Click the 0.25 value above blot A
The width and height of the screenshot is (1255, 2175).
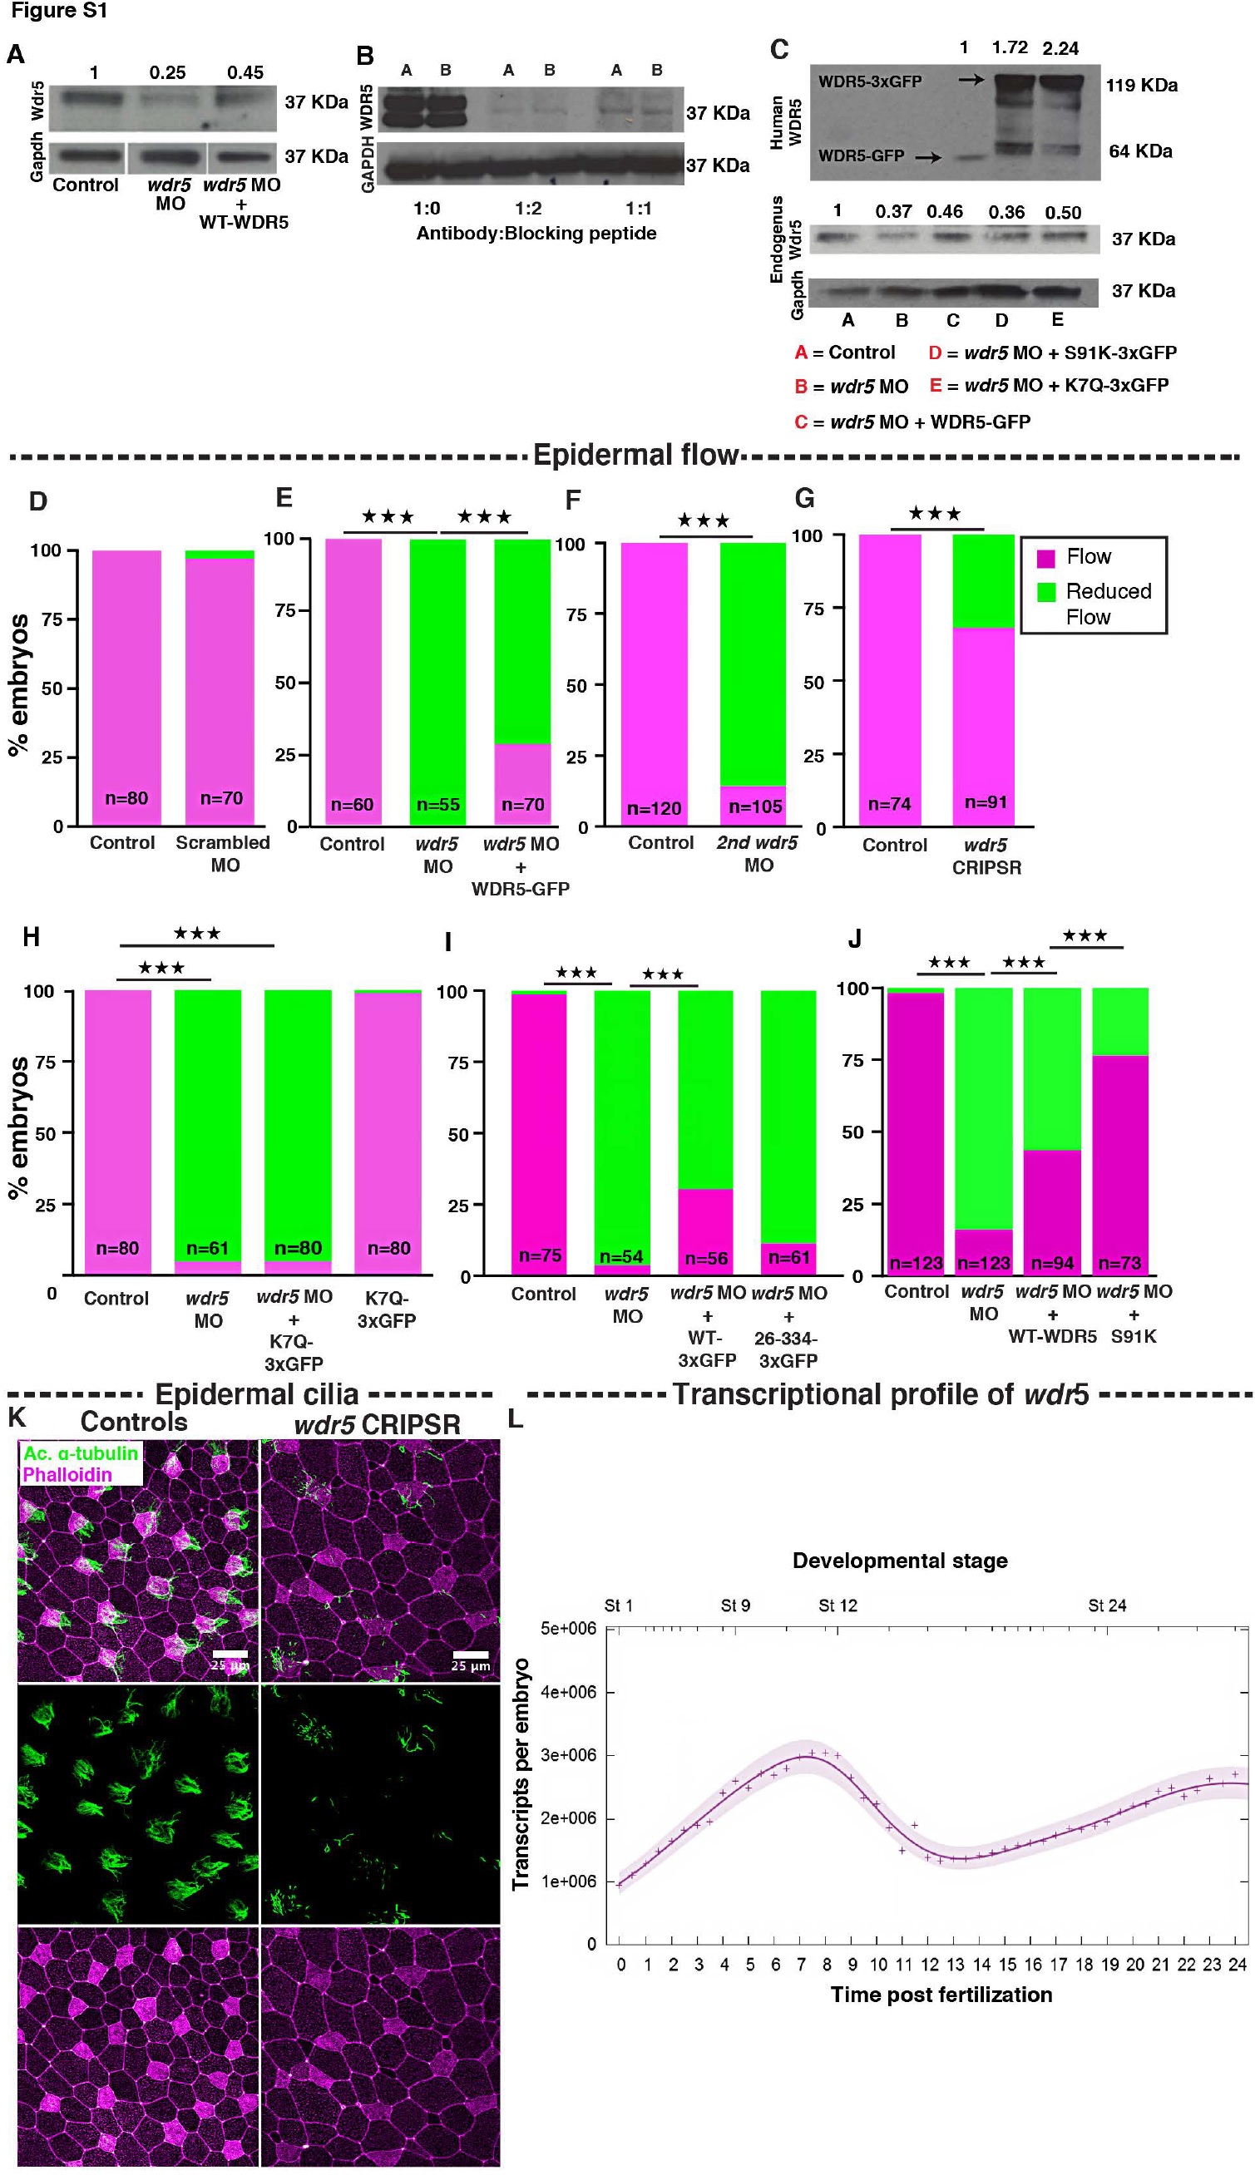click(167, 72)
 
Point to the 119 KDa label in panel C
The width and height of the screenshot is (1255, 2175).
click(1141, 85)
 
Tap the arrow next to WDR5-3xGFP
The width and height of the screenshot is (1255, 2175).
click(971, 79)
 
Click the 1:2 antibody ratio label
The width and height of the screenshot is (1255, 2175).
click(528, 209)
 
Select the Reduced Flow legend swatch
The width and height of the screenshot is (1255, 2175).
click(1045, 591)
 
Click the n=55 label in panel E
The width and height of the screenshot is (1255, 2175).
click(437, 804)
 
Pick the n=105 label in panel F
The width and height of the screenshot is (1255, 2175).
click(755, 806)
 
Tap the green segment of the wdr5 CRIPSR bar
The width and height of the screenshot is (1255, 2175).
click(982, 581)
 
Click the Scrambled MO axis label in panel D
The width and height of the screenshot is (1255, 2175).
click(222, 853)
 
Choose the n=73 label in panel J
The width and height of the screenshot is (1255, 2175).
click(1119, 1263)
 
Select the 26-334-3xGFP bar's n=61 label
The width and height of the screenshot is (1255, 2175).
click(788, 1257)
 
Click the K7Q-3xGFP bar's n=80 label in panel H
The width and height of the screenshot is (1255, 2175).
click(388, 1248)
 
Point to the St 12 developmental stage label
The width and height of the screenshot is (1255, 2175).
click(837, 1605)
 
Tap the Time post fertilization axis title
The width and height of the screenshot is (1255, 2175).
click(941, 1994)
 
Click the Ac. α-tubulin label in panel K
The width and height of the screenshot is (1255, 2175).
click(80, 1452)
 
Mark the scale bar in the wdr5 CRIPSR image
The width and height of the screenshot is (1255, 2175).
click(471, 1654)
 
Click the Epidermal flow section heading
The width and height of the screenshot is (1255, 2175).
click(635, 454)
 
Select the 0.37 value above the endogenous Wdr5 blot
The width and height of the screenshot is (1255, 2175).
click(893, 211)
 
